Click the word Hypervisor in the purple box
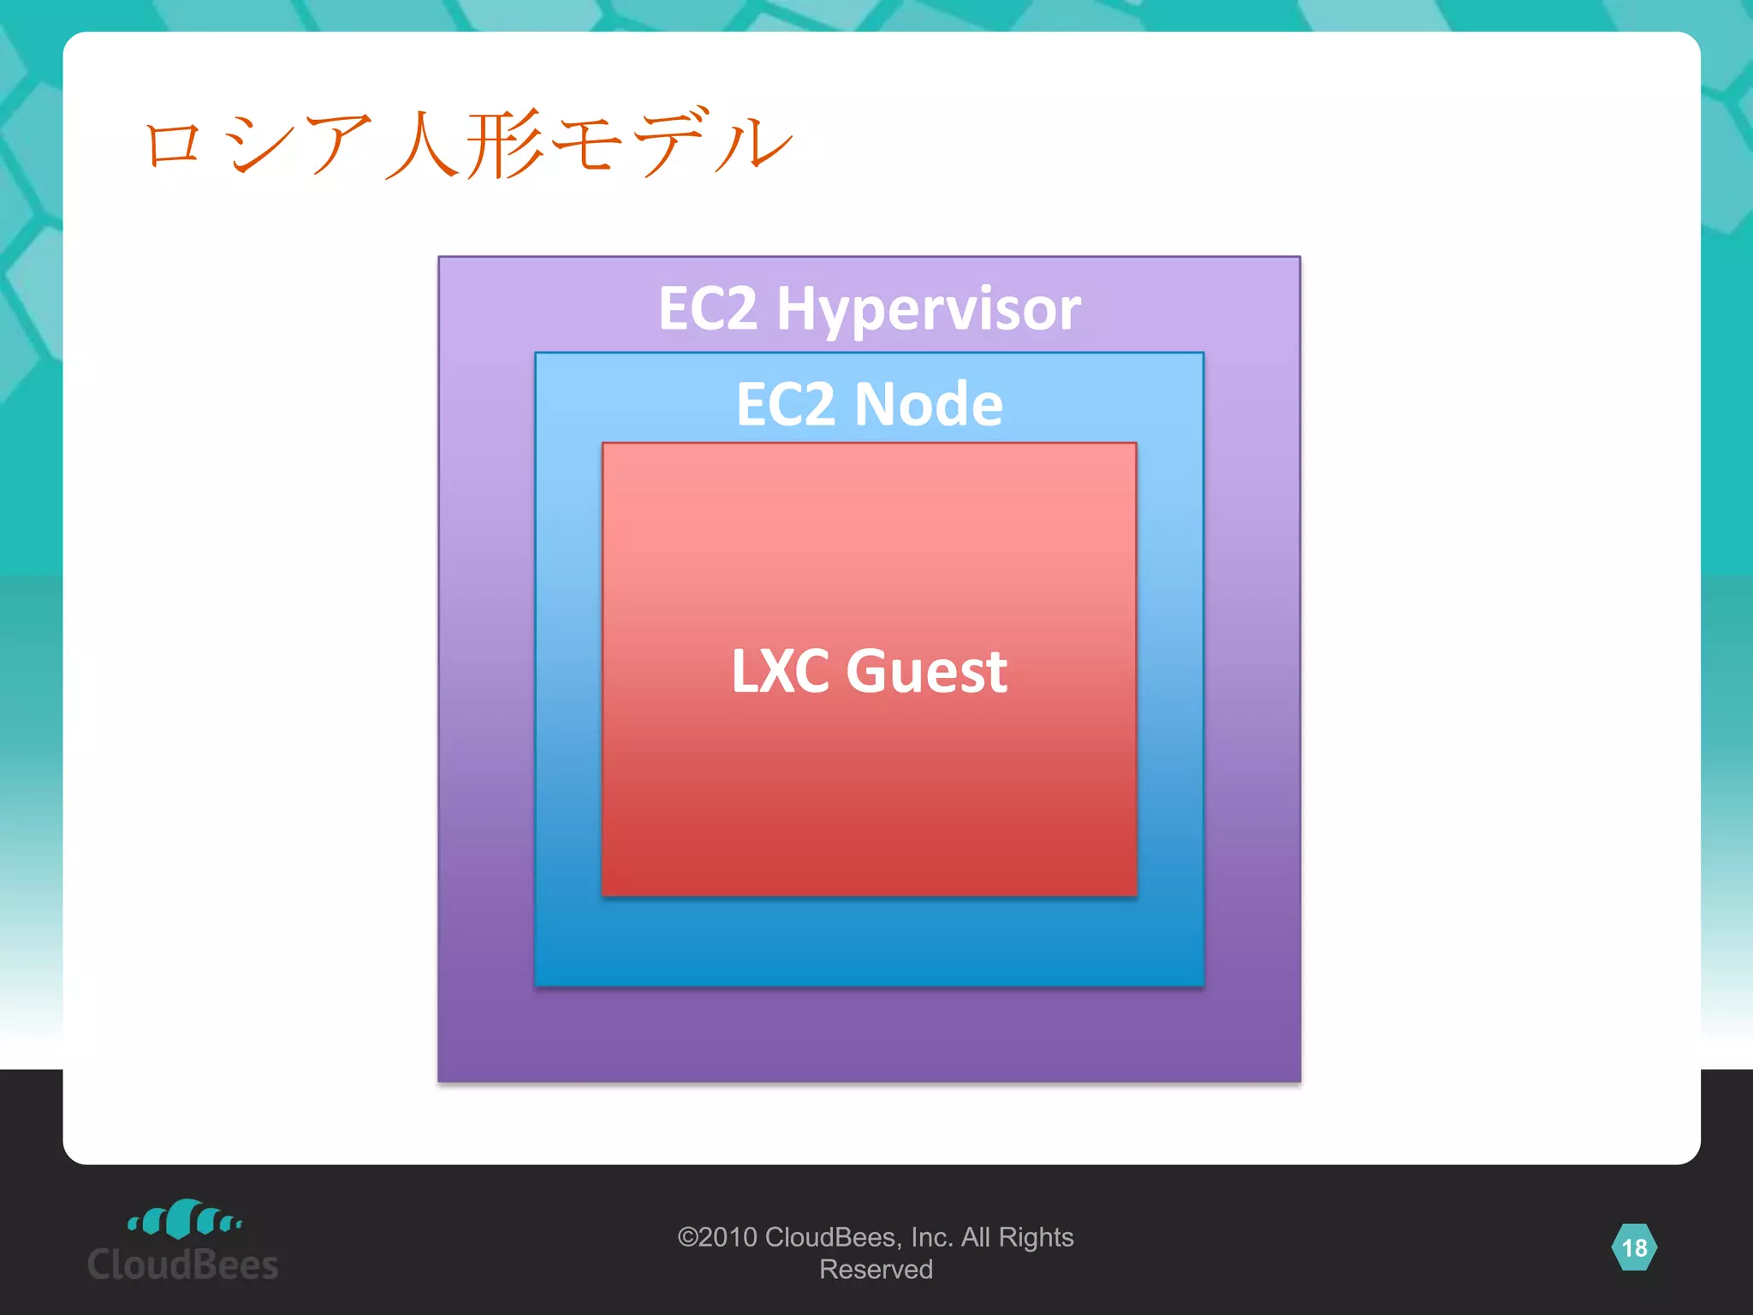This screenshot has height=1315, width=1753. point(928,310)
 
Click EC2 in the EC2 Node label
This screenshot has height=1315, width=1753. point(785,404)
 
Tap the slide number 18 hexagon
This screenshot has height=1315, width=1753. point(1633,1247)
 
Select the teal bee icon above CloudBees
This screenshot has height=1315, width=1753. point(184,1218)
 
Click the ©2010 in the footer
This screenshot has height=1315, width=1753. point(716,1237)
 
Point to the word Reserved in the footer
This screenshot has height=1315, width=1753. point(876,1270)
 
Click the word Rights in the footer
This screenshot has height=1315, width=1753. point(1036,1237)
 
